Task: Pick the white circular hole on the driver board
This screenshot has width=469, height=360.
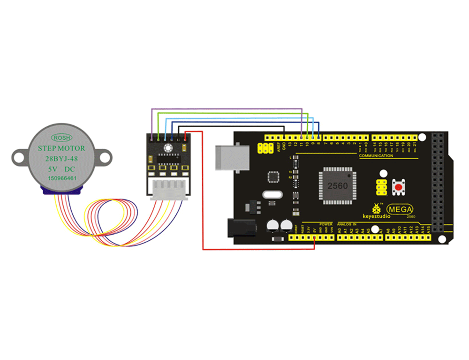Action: (x=167, y=148)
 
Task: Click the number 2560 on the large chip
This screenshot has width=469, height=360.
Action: (x=338, y=186)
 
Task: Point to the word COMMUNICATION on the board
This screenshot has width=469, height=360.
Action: (x=376, y=155)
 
